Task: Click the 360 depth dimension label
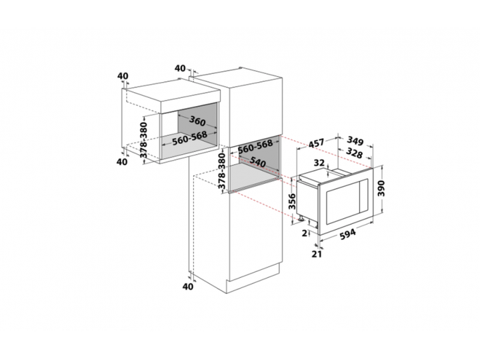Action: [x=197, y=121]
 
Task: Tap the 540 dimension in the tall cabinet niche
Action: [x=257, y=162]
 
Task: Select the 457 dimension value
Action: [x=315, y=143]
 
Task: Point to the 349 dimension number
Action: [x=355, y=141]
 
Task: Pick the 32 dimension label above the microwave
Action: [x=319, y=163]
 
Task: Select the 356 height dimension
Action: [x=293, y=201]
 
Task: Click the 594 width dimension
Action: [x=348, y=235]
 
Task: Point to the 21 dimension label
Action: [x=317, y=254]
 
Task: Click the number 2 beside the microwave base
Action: [x=304, y=233]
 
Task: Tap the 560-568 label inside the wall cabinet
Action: [x=189, y=139]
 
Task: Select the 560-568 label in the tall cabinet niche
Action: [x=255, y=147]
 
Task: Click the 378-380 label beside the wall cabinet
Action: [x=143, y=139]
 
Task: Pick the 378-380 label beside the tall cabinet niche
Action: [x=221, y=171]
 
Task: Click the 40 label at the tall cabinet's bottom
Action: [x=188, y=287]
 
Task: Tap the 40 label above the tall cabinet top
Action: [x=180, y=68]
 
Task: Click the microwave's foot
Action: [x=301, y=219]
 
